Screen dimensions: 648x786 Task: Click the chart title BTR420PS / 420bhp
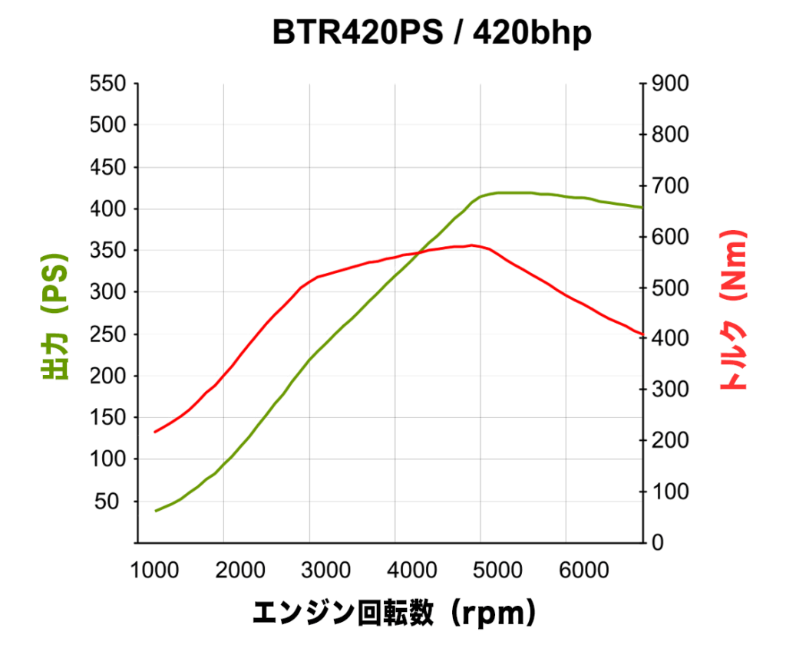[432, 34]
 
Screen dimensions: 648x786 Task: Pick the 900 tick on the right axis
[670, 83]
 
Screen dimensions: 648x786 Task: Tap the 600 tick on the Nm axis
[670, 237]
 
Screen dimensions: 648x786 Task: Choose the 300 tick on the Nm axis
[670, 390]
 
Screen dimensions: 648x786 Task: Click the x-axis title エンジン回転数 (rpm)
[393, 613]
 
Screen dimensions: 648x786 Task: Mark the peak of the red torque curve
[471, 245]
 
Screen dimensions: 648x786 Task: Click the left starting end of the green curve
[156, 511]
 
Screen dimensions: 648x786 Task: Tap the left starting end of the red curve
[155, 432]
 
